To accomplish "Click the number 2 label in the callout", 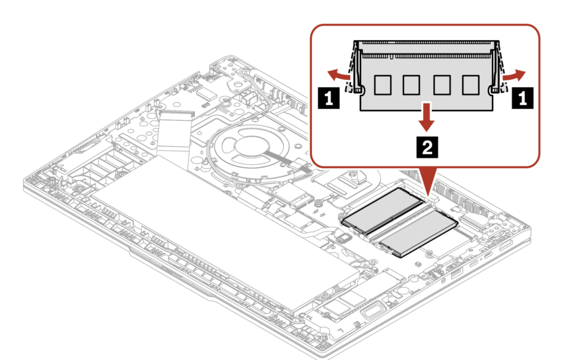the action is (x=427, y=147).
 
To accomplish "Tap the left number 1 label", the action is (x=329, y=98).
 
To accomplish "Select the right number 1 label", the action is (x=523, y=98).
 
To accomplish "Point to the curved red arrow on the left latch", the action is (x=338, y=75).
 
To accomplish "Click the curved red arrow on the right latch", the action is (x=514, y=75).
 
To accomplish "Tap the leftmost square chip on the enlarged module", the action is (x=383, y=85).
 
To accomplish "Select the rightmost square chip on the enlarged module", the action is (x=471, y=85).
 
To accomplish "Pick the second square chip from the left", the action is (x=411, y=85).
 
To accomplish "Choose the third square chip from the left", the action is (x=442, y=85).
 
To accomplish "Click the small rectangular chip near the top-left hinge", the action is (x=206, y=94).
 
